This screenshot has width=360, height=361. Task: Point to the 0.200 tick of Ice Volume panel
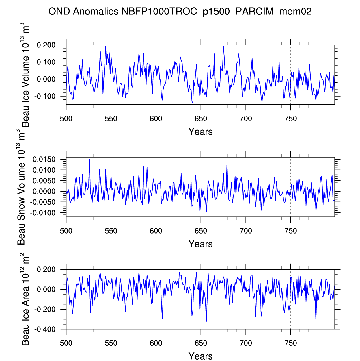click(46, 45)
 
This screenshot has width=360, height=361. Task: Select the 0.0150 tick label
click(44, 160)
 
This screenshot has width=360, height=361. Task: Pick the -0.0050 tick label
click(43, 202)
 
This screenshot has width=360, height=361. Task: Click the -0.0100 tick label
click(43, 213)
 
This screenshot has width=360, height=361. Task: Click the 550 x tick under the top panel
click(111, 119)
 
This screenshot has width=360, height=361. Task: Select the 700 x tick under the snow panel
click(246, 231)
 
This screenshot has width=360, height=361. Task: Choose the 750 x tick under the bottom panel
click(291, 343)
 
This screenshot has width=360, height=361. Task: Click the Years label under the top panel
click(200, 132)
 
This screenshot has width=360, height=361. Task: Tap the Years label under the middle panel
click(200, 244)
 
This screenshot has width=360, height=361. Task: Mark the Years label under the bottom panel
click(200, 356)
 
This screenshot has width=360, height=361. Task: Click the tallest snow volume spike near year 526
click(89, 160)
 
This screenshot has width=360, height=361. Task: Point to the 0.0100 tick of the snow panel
click(44, 170)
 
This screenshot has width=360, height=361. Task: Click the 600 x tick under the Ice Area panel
click(156, 343)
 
